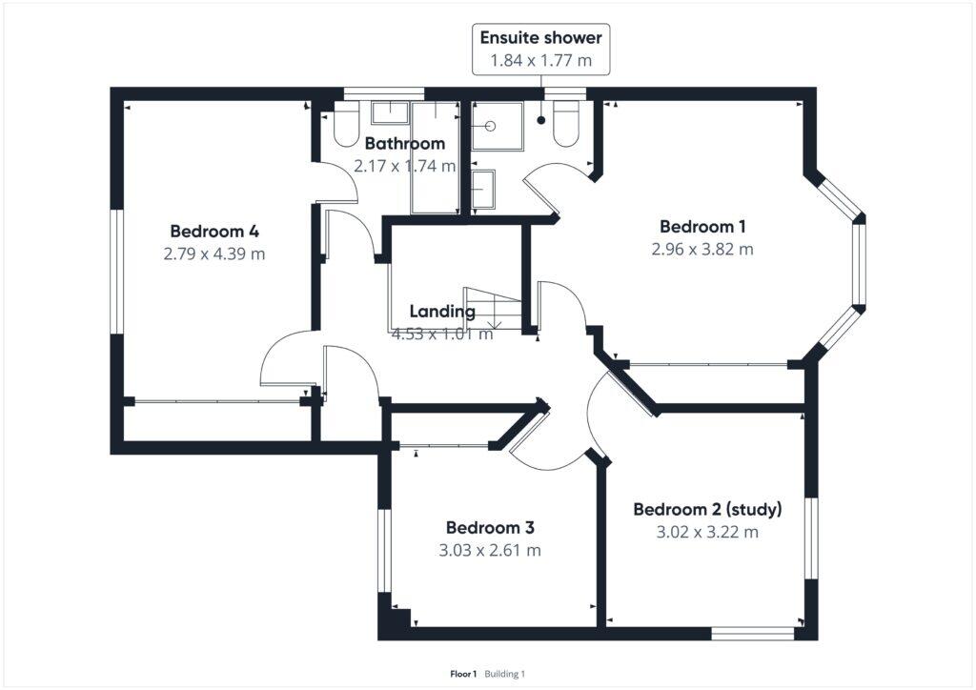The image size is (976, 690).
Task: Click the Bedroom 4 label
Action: [x=214, y=231]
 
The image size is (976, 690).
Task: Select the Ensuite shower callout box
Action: [x=541, y=50]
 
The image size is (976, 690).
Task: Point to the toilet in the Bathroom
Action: [x=345, y=126]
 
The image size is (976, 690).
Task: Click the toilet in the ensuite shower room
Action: [x=567, y=125]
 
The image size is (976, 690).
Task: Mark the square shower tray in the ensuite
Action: [x=498, y=126]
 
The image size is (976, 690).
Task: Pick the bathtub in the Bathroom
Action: [x=435, y=157]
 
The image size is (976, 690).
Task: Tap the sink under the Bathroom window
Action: [x=389, y=113]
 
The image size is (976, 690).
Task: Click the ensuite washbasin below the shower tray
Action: [x=483, y=190]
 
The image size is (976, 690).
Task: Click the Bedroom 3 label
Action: [x=490, y=528]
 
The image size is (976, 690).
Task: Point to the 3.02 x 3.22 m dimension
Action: [x=707, y=532]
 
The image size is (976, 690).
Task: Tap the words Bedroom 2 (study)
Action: [x=707, y=508]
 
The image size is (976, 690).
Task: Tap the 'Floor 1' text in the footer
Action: [x=463, y=674]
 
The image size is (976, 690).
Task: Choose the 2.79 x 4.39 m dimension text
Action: [x=214, y=254]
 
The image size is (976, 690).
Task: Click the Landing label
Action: [x=442, y=312]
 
